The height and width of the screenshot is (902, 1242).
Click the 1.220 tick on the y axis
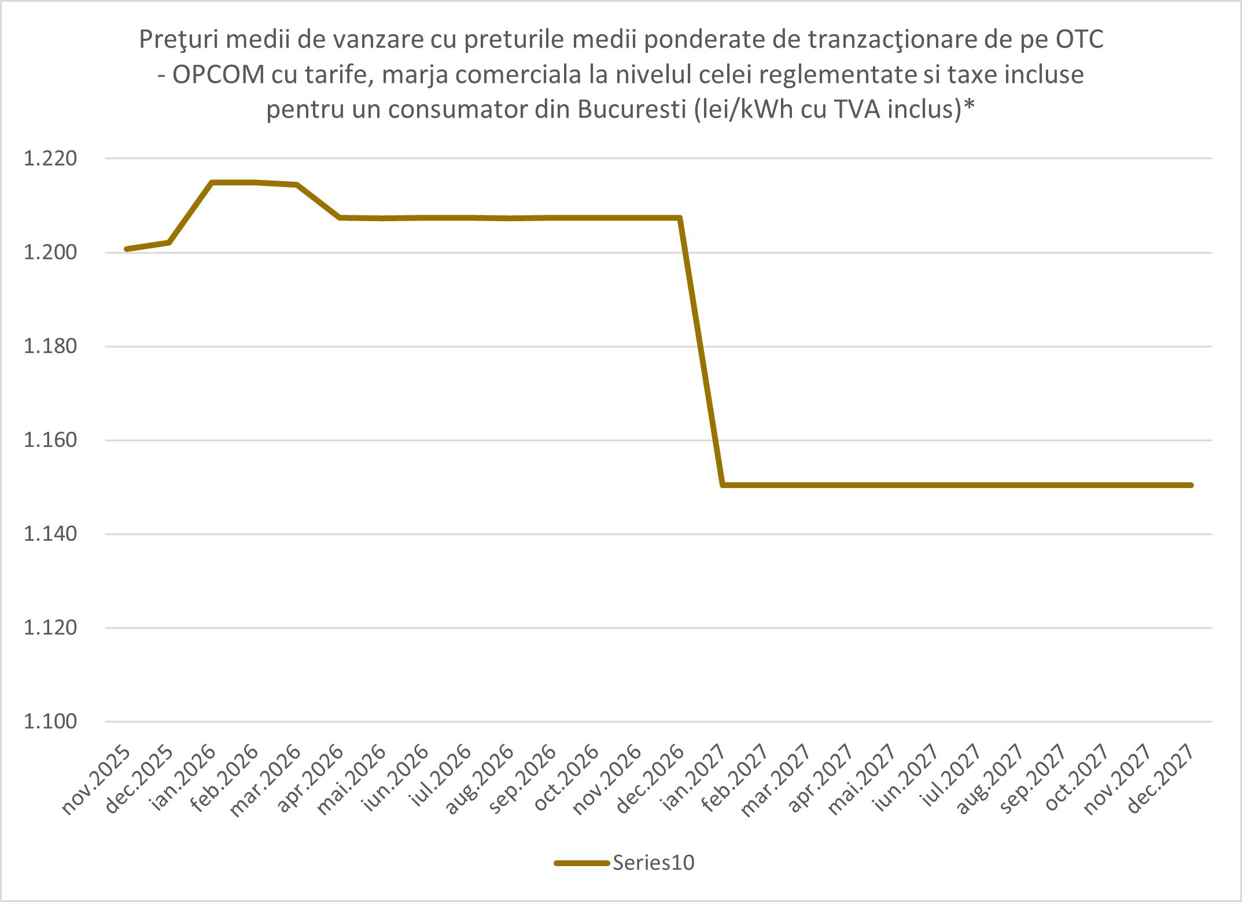coord(50,158)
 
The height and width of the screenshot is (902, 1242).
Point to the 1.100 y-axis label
coord(50,721)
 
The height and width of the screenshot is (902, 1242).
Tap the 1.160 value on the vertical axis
coord(50,440)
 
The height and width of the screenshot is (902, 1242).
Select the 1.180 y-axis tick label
coord(50,346)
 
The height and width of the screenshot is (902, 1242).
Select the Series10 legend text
coord(654,863)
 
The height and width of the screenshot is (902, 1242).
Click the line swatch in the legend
coord(582,863)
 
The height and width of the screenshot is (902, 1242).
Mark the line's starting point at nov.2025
coord(127,249)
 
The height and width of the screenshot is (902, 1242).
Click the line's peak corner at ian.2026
coord(212,182)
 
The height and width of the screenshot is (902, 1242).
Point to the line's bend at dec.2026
coord(680,218)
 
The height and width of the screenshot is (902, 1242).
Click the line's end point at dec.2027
coord(1191,485)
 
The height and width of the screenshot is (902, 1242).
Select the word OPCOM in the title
coord(219,75)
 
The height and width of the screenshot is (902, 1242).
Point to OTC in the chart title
coord(1079,39)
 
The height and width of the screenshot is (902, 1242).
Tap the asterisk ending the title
coord(970,106)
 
